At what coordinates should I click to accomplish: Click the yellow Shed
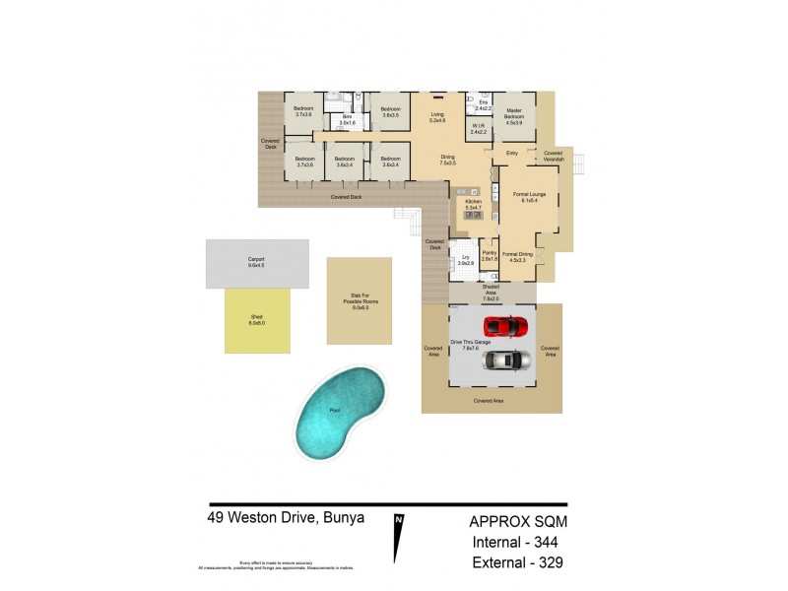click(x=257, y=320)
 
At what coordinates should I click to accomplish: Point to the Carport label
click(x=256, y=261)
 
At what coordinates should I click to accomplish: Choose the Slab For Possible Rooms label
click(x=359, y=301)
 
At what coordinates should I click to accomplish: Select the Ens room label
click(x=483, y=104)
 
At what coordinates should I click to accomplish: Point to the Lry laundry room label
click(x=466, y=260)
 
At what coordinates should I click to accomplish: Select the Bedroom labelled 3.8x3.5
click(x=390, y=112)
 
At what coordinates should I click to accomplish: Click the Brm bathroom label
click(x=347, y=119)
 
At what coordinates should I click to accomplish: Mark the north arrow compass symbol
click(x=399, y=537)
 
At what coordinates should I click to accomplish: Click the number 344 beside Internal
click(x=549, y=542)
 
